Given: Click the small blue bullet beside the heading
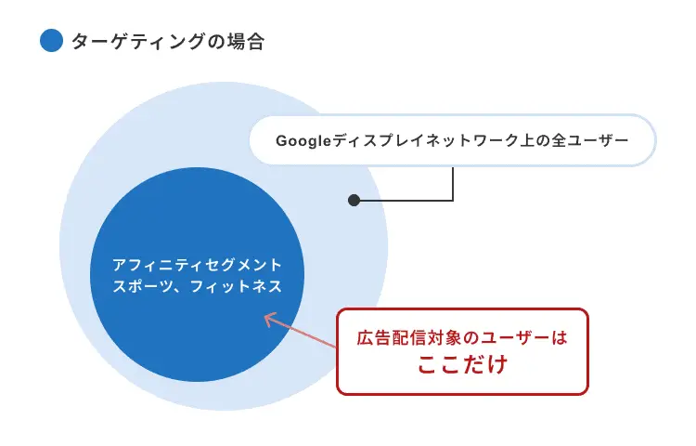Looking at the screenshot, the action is click(51, 41).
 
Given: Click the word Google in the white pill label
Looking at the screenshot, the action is click(303, 141).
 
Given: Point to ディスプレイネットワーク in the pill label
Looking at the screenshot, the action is click(425, 140).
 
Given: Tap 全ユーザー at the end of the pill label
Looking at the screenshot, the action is click(590, 140).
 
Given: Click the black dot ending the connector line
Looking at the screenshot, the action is click(354, 201).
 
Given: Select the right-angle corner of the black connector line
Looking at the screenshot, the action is click(453, 201).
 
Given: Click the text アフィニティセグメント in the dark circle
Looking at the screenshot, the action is click(197, 265).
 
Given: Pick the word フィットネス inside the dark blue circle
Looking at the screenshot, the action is click(236, 286).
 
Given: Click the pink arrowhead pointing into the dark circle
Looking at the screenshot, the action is click(269, 319).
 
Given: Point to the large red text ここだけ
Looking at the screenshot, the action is click(462, 364).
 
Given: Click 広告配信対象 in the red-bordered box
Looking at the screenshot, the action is click(410, 337).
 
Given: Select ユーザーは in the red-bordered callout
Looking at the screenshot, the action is click(525, 337).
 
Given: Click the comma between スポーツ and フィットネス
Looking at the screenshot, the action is click(179, 290).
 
